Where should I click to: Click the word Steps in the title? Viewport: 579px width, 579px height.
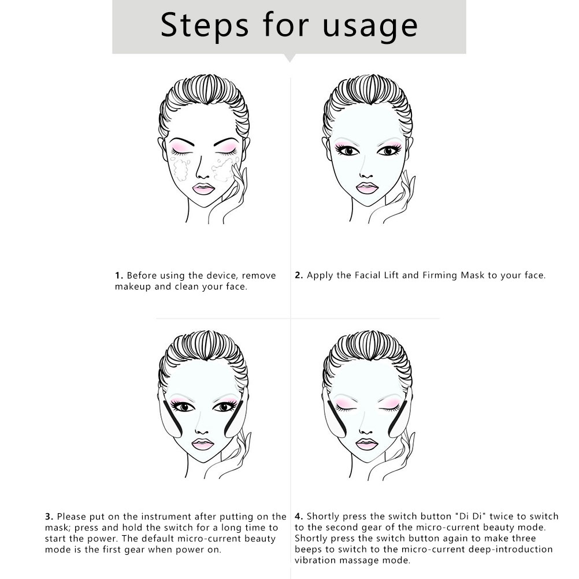[x=204, y=25]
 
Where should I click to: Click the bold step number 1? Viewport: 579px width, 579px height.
[x=118, y=276]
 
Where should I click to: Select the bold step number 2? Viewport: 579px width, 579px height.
[x=299, y=275]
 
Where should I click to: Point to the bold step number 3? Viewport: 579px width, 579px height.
[x=49, y=517]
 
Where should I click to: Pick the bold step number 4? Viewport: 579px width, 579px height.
[x=299, y=516]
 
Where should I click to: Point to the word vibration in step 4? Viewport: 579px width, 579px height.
[x=316, y=560]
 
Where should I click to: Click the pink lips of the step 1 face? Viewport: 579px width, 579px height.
[x=203, y=188]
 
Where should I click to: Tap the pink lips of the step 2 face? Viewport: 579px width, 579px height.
[x=367, y=188]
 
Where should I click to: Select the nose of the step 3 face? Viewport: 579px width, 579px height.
[x=202, y=429]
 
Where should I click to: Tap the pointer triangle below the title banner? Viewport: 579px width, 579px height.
[x=290, y=58]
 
